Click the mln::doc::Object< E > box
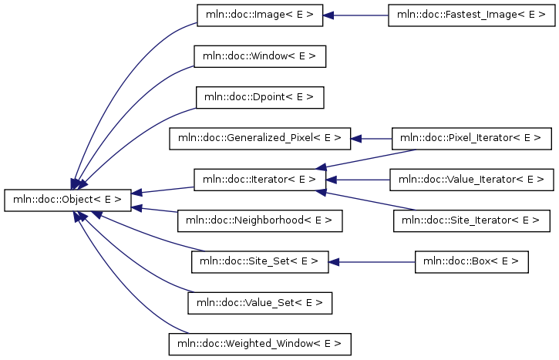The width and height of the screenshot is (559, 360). (68, 200)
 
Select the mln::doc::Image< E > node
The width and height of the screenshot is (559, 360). (260, 15)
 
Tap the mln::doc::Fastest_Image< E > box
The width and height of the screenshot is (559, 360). (471, 15)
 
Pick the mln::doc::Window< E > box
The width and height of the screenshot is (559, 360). (260, 56)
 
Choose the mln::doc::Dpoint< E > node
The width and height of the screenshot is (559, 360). (260, 97)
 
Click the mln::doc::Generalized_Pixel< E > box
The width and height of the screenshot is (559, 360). (260, 138)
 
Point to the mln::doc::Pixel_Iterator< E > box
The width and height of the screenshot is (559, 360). (471, 138)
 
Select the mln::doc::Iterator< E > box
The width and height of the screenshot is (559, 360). (260, 180)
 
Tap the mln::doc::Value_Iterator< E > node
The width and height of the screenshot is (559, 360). (471, 180)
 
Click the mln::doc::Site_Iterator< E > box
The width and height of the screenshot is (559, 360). (471, 220)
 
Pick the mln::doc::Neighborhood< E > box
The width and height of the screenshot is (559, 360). (260, 220)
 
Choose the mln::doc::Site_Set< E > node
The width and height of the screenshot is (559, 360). (260, 262)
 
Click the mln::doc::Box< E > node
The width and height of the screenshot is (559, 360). (471, 262)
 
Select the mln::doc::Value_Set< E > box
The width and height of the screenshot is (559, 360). (260, 303)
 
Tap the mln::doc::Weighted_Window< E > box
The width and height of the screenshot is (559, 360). (260, 344)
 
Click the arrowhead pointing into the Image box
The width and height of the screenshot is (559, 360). (328, 15)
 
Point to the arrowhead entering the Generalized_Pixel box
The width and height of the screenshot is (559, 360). (355, 138)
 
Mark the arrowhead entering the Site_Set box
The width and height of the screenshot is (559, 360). (333, 262)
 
